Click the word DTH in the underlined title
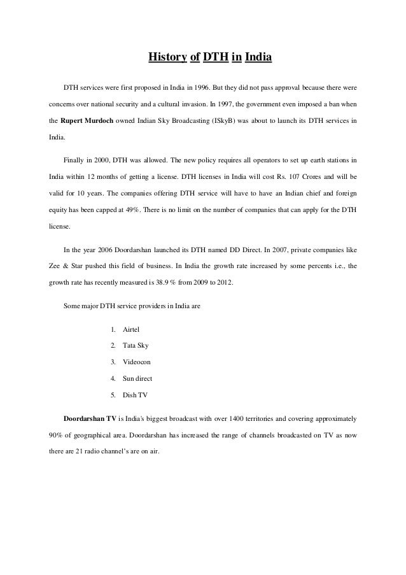coord(214,59)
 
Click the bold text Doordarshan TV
coord(90,420)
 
